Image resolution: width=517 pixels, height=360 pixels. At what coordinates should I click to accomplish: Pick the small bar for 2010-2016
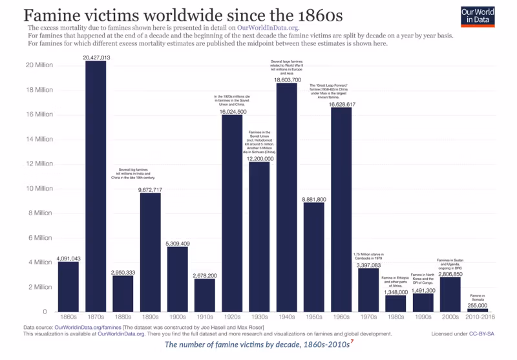tap(478, 310)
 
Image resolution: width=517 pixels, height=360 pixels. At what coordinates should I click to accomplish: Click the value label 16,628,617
tap(341, 103)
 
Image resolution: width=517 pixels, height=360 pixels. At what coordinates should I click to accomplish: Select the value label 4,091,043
tap(68, 258)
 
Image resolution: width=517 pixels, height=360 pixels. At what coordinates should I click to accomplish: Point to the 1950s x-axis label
tap(314, 318)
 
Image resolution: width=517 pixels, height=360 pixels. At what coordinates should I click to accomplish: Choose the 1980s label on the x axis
tap(396, 318)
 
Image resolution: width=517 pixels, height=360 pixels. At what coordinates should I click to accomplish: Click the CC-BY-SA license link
tap(482, 334)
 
